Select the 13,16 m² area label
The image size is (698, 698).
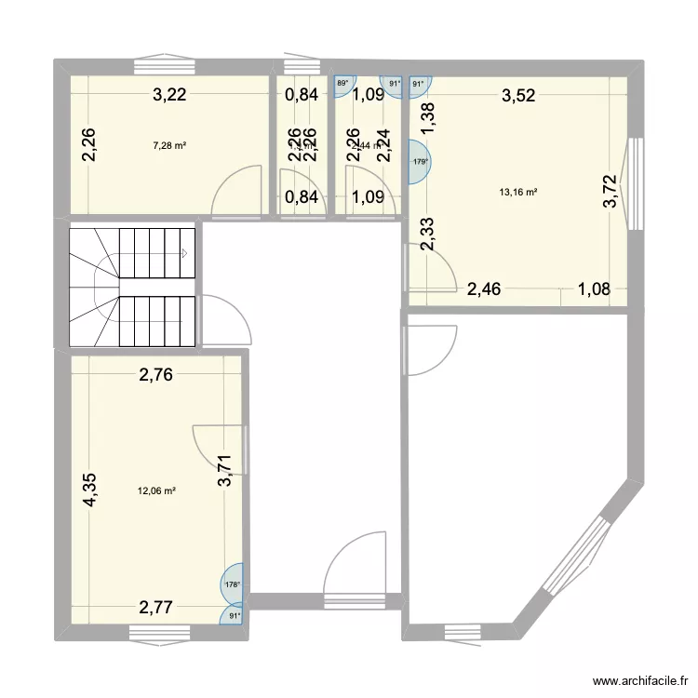519,193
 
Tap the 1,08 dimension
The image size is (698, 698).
594,289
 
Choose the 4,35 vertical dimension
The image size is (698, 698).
90,490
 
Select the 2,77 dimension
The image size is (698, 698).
157,610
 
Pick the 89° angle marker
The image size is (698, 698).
343,84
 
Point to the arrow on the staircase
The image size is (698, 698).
185,252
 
